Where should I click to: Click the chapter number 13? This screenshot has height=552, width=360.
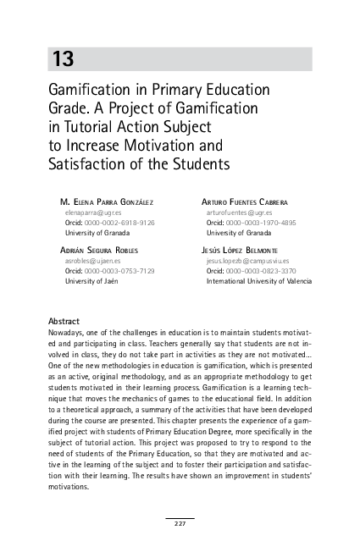(x=64, y=59)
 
